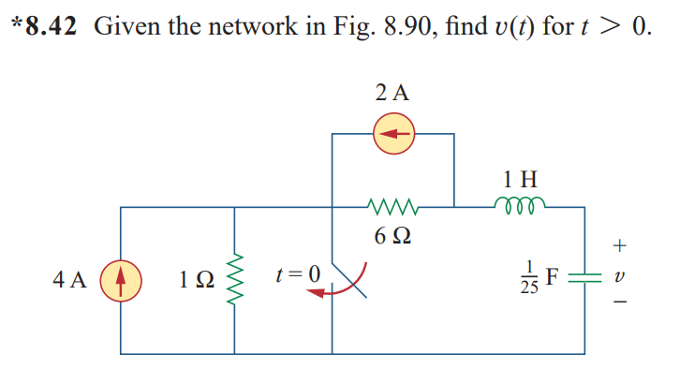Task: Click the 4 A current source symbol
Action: tap(121, 280)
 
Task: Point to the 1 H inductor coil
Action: tap(519, 203)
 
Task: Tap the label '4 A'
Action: tap(71, 280)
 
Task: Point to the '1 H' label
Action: tap(520, 177)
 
